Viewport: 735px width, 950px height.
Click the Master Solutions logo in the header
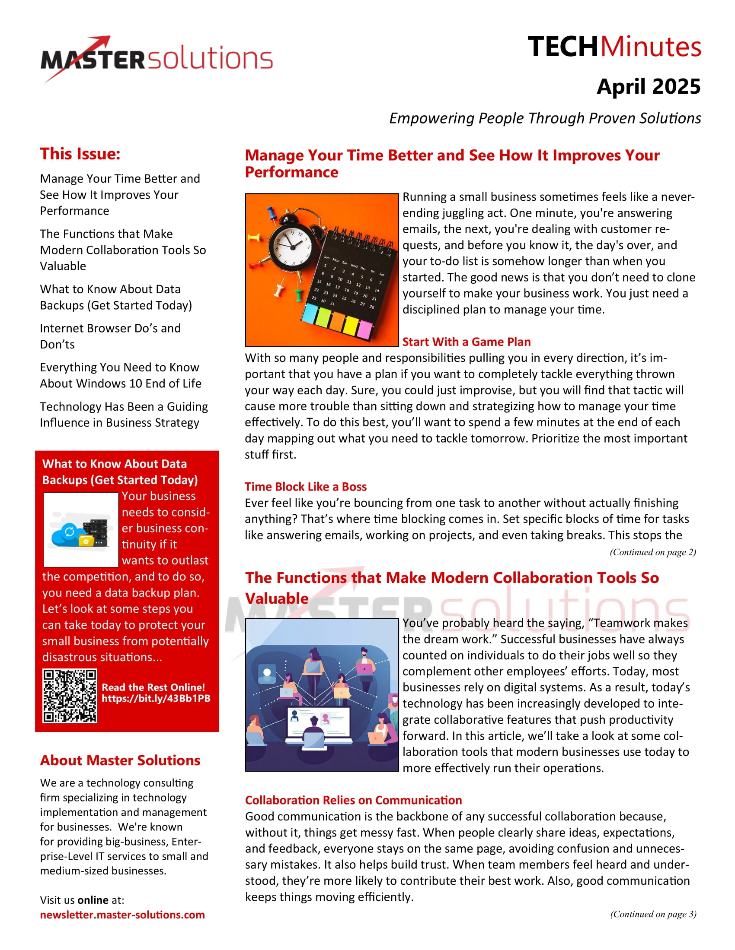pyautogui.click(x=157, y=59)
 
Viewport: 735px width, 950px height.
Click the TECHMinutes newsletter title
pyautogui.click(x=614, y=47)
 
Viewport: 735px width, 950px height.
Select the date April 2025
pyautogui.click(x=649, y=86)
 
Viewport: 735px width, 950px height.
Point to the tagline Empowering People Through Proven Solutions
pyautogui.click(x=545, y=118)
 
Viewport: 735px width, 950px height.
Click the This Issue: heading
pyautogui.click(x=80, y=154)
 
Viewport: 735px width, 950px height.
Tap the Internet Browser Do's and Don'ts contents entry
pyautogui.click(x=110, y=336)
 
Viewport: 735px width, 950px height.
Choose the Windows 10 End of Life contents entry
pyautogui.click(x=120, y=375)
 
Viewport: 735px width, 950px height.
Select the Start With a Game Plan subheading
pyautogui.click(x=467, y=342)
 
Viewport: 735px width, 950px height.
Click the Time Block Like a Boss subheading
pyautogui.click(x=305, y=487)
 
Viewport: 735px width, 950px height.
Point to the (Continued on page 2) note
pyautogui.click(x=652, y=552)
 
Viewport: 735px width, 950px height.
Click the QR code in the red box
pyautogui.click(x=70, y=697)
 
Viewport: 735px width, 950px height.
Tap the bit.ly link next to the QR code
pyautogui.click(x=156, y=699)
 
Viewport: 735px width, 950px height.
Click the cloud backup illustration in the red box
pyautogui.click(x=81, y=530)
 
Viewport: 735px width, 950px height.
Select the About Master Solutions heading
pyautogui.click(x=120, y=760)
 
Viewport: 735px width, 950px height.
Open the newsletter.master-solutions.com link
pyautogui.click(x=122, y=915)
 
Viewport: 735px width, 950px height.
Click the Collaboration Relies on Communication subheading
pyautogui.click(x=353, y=800)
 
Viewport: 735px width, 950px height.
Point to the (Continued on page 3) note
pyautogui.click(x=653, y=914)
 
